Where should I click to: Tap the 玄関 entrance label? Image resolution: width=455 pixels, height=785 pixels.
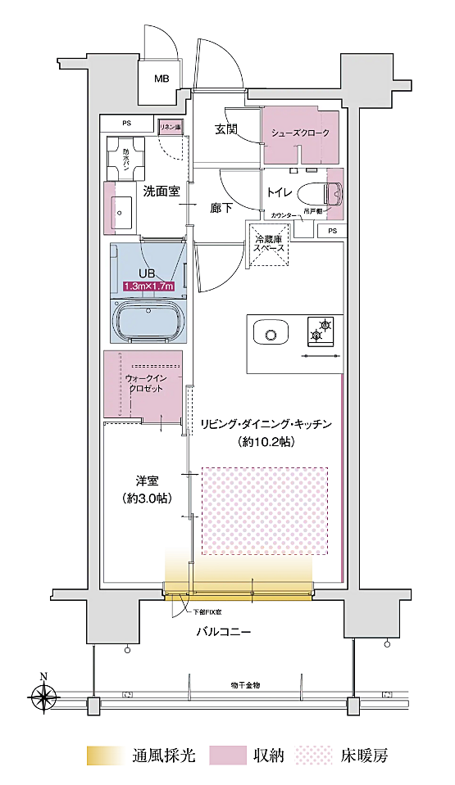[x=227, y=129]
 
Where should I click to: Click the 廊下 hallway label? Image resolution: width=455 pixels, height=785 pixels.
[x=221, y=209]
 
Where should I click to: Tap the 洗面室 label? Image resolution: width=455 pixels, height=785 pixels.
[x=162, y=192]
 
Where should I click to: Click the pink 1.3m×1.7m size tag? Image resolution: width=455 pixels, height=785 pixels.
[x=148, y=286]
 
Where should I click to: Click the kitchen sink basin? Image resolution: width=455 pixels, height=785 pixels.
[x=271, y=332]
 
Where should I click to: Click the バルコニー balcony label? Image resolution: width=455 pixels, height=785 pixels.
[x=223, y=632]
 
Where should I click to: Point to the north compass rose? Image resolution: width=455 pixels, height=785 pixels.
[x=43, y=697]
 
